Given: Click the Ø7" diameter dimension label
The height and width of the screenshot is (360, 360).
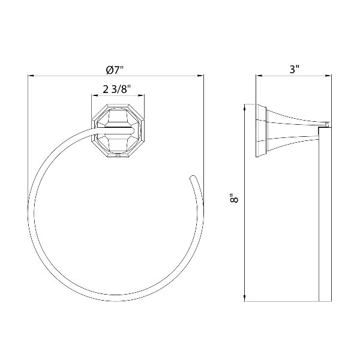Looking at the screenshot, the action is [x=115, y=70].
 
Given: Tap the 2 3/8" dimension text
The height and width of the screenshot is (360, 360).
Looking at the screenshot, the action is [x=116, y=89].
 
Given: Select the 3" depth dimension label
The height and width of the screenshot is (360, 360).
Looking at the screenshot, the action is [x=294, y=70].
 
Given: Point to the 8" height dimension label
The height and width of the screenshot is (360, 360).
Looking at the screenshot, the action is [x=234, y=199].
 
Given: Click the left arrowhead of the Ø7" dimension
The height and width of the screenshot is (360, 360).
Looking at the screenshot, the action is [x=31, y=76].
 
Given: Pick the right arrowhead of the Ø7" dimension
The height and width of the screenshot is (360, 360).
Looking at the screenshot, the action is [x=200, y=76].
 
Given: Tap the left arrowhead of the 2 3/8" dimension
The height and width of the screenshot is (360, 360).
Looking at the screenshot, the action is [x=95, y=95].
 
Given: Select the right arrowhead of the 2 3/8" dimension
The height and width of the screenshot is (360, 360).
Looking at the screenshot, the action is [x=142, y=95].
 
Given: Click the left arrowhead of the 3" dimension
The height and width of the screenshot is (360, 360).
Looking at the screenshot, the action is [x=259, y=76].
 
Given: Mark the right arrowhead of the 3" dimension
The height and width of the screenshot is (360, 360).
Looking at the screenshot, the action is [x=328, y=76].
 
